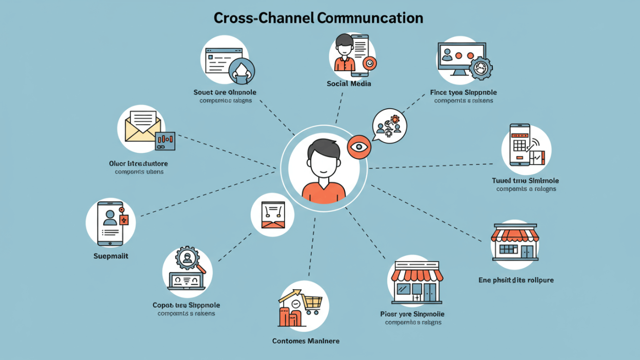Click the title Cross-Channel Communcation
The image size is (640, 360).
tap(318, 18)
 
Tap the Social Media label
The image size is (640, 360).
tap(349, 84)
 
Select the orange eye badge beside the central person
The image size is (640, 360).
tap(358, 147)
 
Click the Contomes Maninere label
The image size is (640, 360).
tap(306, 341)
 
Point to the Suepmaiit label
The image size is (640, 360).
tap(111, 256)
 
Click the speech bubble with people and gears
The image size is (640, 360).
tap(389, 125)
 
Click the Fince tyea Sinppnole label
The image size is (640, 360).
tap(463, 93)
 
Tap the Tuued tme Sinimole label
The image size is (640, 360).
tap(526, 181)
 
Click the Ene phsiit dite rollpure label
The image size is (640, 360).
tap(516, 280)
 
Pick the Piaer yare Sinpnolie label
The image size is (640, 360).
tap(413, 314)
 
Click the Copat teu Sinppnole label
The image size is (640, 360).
tap(186, 305)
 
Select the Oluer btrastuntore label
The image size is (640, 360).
tap(138, 164)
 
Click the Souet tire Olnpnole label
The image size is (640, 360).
tap(225, 92)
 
